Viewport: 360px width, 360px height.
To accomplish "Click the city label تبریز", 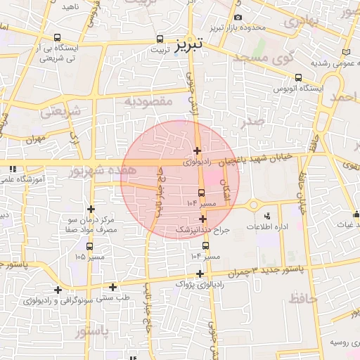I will coord(188,44).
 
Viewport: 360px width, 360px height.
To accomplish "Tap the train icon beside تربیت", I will coord(160,40).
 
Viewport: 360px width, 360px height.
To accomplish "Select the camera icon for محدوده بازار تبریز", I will coord(238,17).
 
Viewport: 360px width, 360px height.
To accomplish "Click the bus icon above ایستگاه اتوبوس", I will coord(299,77).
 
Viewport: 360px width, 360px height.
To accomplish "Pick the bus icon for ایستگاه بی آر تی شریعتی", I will coord(57,38).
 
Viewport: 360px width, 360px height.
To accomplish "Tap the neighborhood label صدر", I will coord(251,121).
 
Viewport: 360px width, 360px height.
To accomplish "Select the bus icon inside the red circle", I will coord(202,192).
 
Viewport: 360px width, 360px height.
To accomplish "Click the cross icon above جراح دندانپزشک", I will coord(202,219).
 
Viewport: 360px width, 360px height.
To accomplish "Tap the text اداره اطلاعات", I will coord(267,227).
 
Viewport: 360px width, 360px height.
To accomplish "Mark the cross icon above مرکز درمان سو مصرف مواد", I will coord(91,209).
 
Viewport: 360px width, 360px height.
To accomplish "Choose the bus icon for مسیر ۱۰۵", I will coord(89,246).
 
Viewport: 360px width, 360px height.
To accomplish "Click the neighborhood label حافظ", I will coord(304,299).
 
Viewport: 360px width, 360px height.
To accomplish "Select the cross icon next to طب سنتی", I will coord(113,287).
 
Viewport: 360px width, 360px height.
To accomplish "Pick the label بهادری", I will coord(304,22).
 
